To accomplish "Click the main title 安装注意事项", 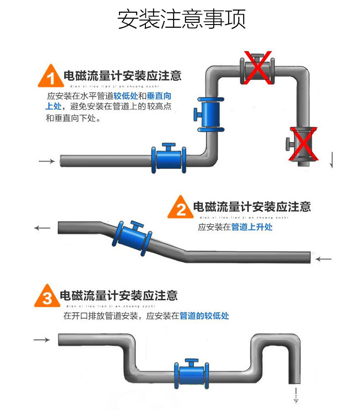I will coord(181,19).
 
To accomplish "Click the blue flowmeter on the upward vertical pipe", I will coord(210,114).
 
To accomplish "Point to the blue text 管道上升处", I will coord(252,227).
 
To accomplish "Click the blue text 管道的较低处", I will coord(204,315).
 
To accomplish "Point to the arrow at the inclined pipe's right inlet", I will coord(324,259).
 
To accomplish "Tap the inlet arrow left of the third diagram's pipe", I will coord(41,340).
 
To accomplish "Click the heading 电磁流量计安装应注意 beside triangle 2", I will coord(252,207).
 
